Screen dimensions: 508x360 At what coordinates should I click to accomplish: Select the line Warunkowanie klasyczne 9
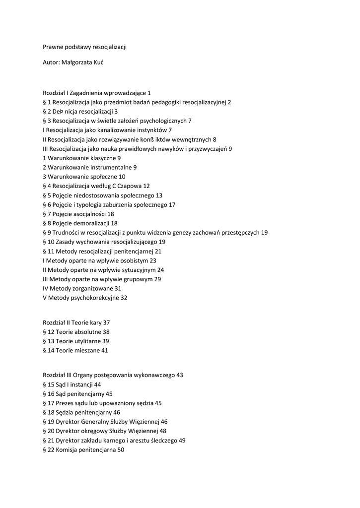point(82,158)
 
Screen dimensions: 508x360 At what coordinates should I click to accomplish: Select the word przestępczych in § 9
point(240,233)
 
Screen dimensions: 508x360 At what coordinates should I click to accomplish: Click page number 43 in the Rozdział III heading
point(180,375)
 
